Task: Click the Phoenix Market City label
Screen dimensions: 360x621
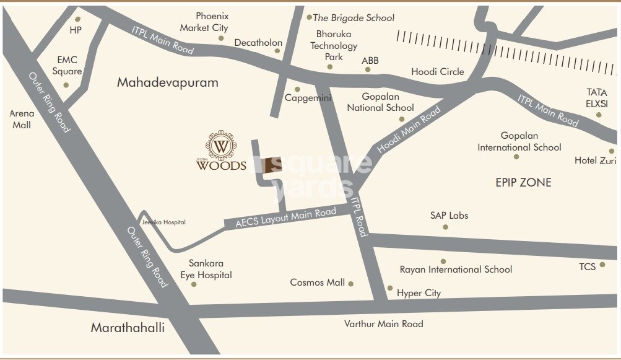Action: click(x=204, y=22)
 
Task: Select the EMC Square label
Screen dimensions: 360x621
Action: click(x=67, y=66)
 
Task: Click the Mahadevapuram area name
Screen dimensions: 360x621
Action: click(x=168, y=82)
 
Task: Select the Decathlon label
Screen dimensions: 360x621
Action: click(x=258, y=43)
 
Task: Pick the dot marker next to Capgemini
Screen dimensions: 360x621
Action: click(x=298, y=89)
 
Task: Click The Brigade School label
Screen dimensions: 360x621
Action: click(x=354, y=18)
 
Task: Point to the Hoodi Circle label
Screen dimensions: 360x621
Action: click(x=438, y=72)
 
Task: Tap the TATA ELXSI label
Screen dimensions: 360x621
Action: click(x=597, y=98)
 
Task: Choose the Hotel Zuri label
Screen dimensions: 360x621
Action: click(x=594, y=160)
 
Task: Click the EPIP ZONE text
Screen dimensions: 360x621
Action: click(x=523, y=182)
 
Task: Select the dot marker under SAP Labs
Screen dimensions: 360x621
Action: click(x=445, y=227)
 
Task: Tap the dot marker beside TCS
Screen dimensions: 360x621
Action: click(x=603, y=265)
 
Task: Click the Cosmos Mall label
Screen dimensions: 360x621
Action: click(x=317, y=283)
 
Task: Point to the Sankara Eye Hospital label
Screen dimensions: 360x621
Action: click(x=206, y=269)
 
